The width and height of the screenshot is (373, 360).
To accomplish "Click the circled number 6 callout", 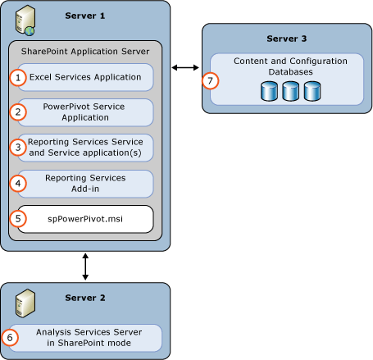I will (11, 337).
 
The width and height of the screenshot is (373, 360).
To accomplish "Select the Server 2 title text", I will (84, 298).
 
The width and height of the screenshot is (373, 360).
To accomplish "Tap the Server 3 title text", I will (286, 39).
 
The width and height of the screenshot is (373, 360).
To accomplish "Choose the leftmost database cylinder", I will (270, 91).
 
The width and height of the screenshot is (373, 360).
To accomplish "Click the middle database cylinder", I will (291, 91).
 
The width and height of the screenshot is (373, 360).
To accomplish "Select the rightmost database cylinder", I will (312, 91).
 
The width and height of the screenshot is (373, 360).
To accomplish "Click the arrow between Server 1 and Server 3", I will (185, 66).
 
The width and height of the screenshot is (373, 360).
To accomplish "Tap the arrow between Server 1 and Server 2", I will (85, 267).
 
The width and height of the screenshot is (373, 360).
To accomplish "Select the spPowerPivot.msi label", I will (84, 219).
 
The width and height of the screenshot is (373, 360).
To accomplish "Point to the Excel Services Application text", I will (84, 77).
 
